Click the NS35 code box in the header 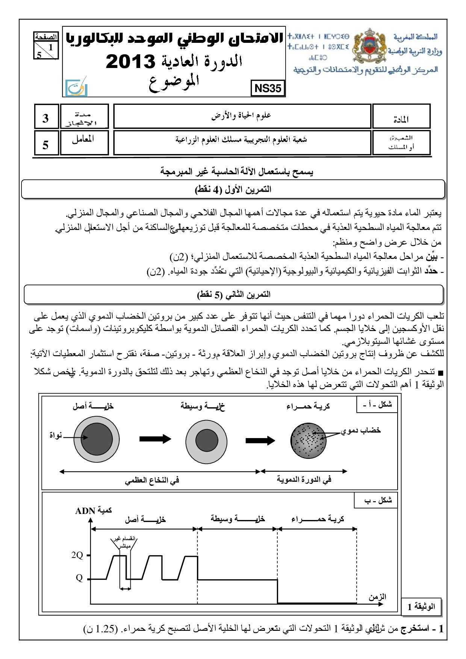pos(268,88)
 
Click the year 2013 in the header pos(130,62)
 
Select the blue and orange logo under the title pos(76,88)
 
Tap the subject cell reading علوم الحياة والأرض pos(242,116)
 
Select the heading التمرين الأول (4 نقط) pos(233,189)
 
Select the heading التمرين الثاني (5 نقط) pos(234,295)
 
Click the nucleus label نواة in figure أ pos(56,435)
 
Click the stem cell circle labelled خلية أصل pos(97,439)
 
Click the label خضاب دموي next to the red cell pos(361,430)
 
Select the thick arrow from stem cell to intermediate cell pos(155,439)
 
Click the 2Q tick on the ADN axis pos(77,555)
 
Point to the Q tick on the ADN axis pos(79,578)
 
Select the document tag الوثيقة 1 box pos(421,607)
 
